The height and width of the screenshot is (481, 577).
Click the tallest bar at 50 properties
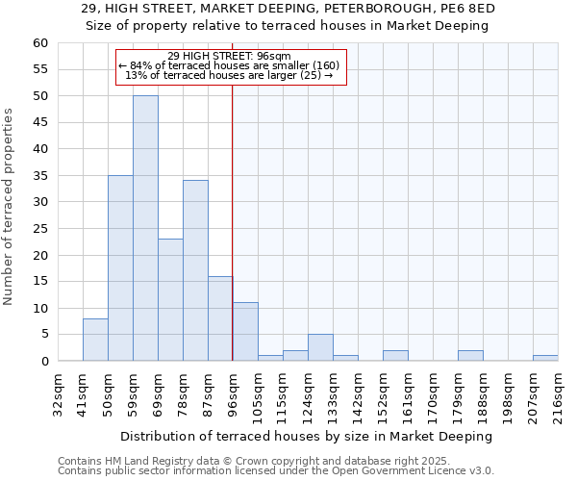[x=145, y=228]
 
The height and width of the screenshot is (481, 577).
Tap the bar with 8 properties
[x=95, y=340]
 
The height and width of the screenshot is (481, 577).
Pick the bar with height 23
[x=170, y=299]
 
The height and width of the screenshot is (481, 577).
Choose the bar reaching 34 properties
[x=195, y=270]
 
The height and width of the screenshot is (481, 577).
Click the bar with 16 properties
[x=220, y=318]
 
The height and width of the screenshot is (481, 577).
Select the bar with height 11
[x=245, y=332]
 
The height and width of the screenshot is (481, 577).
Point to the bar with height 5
[x=320, y=347]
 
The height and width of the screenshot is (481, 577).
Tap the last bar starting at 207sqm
[x=545, y=358]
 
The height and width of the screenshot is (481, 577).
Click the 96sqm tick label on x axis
[x=232, y=393]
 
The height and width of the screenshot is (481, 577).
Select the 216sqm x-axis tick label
[x=557, y=393]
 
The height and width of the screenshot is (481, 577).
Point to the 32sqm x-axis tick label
[x=57, y=393]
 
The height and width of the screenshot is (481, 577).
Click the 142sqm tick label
[x=357, y=393]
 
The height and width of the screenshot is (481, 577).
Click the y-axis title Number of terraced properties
[x=9, y=207]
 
